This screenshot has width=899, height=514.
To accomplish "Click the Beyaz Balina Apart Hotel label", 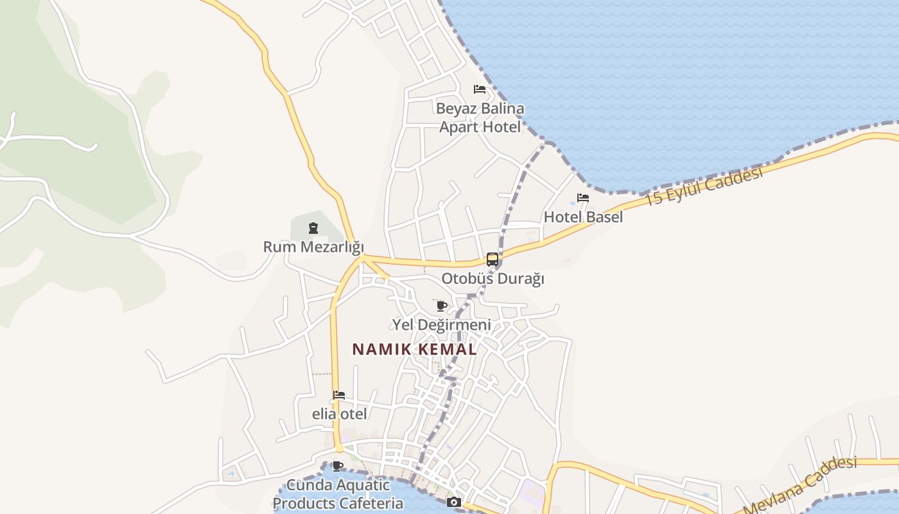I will click(x=480, y=118).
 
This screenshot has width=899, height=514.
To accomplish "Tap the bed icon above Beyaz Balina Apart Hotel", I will click(x=479, y=89).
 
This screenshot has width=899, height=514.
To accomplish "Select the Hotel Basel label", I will click(x=583, y=217).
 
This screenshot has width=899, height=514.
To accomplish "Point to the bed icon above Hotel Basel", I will click(x=583, y=198).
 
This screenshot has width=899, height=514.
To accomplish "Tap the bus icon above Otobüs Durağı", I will click(x=493, y=260).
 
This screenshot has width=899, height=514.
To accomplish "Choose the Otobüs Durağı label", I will click(x=493, y=279).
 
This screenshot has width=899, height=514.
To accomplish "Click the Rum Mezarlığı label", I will click(x=313, y=247).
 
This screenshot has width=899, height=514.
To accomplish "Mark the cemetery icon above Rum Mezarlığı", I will click(x=313, y=228).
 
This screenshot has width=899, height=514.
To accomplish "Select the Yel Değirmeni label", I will click(x=442, y=325).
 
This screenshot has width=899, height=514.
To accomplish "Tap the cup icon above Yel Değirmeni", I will click(x=441, y=306).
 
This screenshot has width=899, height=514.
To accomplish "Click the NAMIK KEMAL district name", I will click(x=415, y=350).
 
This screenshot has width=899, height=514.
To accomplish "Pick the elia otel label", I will click(x=340, y=414).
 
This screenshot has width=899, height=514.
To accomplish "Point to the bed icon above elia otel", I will click(x=339, y=395).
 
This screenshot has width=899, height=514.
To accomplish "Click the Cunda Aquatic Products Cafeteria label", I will click(x=338, y=494).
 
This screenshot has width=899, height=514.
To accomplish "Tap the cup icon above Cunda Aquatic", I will click(x=338, y=466).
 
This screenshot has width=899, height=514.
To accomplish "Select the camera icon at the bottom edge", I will click(x=454, y=502).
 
